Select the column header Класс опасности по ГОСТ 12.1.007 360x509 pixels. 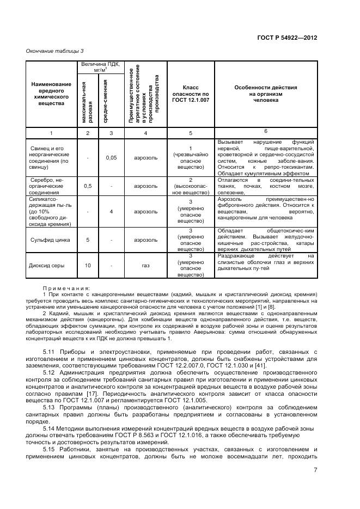(x=190, y=94)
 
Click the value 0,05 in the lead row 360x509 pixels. (x=111, y=158)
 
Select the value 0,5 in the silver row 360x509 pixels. (x=88, y=186)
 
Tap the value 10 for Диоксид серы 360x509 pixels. (x=88, y=266)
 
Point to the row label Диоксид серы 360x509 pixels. (x=46, y=266)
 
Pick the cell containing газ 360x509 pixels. (x=145, y=266)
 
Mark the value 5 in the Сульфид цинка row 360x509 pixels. (x=88, y=240)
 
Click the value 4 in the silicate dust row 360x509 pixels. (x=111, y=212)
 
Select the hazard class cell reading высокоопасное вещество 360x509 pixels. (x=190, y=186)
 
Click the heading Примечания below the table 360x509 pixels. (x=66, y=288)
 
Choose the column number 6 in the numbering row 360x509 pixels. (x=265, y=131)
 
